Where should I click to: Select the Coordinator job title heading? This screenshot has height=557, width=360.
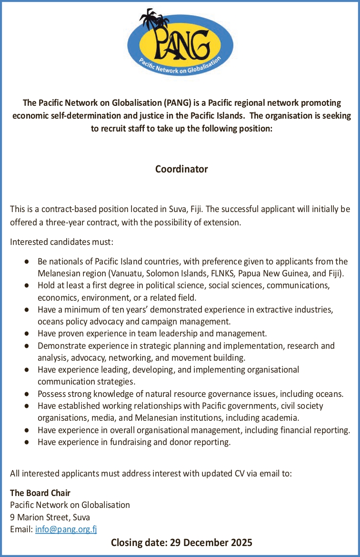coord(181,169)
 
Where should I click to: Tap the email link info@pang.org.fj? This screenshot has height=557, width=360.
coord(66,529)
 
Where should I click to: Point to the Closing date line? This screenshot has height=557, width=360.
coord(181,542)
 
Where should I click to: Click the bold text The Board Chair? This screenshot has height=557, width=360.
coord(40,493)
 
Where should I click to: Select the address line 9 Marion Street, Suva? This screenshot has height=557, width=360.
coord(50,517)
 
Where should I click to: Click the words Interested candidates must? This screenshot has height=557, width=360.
coord(61,242)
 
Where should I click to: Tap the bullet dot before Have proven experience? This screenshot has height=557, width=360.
coord(28,334)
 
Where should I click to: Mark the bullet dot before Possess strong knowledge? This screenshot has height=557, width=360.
coord(28,394)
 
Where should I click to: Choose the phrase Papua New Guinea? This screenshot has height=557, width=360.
coord(269,273)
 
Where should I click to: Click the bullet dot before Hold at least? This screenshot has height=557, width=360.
coord(28,285)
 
